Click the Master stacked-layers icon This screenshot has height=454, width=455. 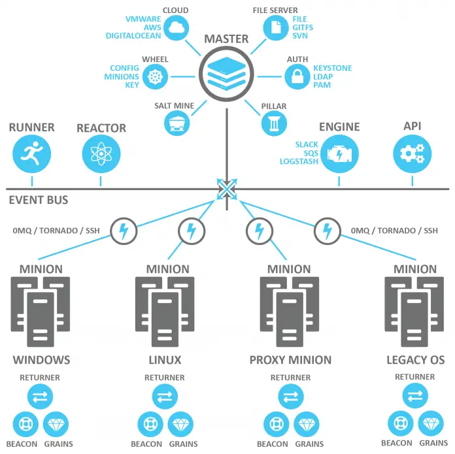(x=226, y=72)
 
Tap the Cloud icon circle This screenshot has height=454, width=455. (x=175, y=27)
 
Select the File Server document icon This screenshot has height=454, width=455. (x=276, y=27)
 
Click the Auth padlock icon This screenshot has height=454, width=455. (x=297, y=77)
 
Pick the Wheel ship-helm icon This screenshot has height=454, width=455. (x=154, y=77)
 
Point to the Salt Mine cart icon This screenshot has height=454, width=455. (x=175, y=122)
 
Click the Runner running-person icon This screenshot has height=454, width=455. (x=31, y=154)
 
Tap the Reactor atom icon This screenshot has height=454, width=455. (x=101, y=154)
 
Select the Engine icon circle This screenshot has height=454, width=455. (x=339, y=154)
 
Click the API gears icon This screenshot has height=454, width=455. (x=411, y=154)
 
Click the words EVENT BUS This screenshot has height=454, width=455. (x=39, y=200)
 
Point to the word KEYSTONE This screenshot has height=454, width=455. (x=332, y=68)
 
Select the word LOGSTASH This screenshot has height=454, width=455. (x=299, y=161)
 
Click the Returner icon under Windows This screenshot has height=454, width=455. (x=40, y=397)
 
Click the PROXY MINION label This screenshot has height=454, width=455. (x=290, y=359)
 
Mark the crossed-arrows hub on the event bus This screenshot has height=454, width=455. (x=226, y=189)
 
